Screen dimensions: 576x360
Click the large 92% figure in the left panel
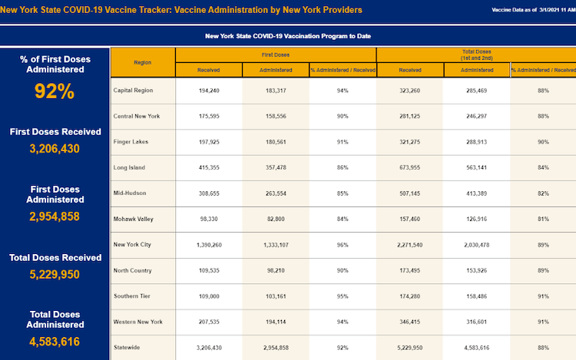[x=55, y=91]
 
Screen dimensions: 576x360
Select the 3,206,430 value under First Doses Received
[x=55, y=149]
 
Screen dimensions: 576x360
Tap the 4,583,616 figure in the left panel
[x=55, y=342]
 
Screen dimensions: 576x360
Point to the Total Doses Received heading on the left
[x=55, y=258]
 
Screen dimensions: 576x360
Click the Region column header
[x=143, y=62]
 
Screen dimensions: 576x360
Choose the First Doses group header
[x=276, y=54]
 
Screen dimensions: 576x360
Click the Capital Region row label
[x=133, y=91]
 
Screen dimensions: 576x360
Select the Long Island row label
[x=129, y=167]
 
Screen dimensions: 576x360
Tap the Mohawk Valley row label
[x=134, y=219]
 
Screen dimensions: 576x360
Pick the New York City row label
[x=132, y=244]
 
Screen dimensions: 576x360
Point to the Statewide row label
[x=127, y=347]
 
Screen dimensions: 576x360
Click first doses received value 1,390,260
[x=209, y=245]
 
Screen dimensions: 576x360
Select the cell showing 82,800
[x=276, y=219]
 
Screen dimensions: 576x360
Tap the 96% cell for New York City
[x=343, y=245]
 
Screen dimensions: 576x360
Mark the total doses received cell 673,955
[x=409, y=167]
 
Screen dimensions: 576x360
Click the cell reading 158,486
[x=476, y=296]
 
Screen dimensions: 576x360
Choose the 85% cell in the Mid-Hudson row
[x=343, y=193]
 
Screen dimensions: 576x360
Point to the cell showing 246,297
[x=476, y=116]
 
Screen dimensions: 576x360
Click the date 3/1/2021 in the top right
[x=549, y=10]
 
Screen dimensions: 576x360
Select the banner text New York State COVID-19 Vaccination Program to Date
[x=288, y=36]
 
